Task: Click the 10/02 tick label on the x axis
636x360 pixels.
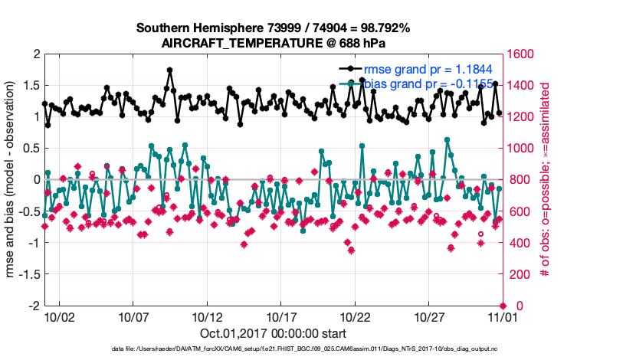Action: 59,316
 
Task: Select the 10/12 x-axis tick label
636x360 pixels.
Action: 208,316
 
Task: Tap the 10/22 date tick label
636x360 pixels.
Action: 356,316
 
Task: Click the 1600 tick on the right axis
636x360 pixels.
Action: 520,54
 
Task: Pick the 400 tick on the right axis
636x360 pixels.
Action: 517,243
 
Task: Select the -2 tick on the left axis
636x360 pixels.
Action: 34,306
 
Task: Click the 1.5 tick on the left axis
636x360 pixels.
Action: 32,86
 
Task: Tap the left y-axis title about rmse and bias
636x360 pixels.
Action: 12,180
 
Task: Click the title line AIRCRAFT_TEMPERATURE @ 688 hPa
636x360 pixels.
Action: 274,43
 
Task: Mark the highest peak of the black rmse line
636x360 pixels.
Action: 169,70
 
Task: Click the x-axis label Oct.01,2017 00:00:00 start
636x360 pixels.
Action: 274,333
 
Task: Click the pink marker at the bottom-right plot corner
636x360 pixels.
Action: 503,305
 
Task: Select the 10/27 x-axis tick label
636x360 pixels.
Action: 430,316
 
